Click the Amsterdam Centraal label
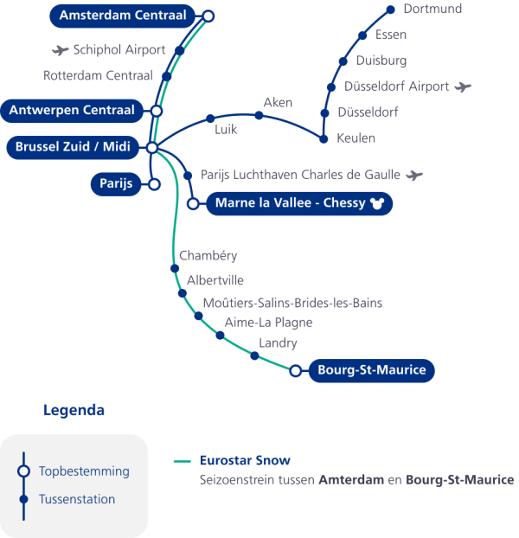point(123,16)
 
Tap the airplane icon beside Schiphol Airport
point(61,50)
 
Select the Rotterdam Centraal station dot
point(167,76)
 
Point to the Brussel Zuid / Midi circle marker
point(151,148)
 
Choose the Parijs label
point(114,184)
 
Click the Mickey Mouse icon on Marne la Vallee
point(375,204)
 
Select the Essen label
point(391,35)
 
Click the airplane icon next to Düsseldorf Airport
point(464,86)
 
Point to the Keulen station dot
point(324,138)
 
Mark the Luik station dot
point(209,118)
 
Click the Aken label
point(278,103)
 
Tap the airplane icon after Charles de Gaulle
point(414,175)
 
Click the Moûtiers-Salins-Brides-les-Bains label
point(292,303)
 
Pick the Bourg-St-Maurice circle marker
point(296,371)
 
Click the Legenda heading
point(74,410)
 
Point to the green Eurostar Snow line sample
point(182,461)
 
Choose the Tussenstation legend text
point(77,499)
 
